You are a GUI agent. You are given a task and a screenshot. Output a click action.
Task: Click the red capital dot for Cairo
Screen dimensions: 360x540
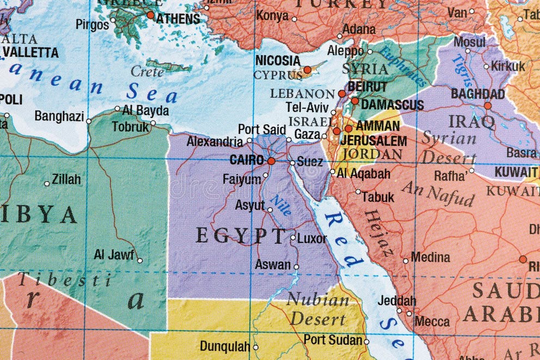point(271,161)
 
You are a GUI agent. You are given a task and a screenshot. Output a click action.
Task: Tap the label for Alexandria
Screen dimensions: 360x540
point(214,142)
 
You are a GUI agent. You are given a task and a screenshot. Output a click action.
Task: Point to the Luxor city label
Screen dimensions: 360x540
point(312,239)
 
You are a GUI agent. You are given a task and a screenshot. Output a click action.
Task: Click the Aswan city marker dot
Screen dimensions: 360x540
point(296,267)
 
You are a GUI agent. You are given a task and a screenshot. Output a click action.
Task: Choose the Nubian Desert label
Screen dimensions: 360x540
point(318,309)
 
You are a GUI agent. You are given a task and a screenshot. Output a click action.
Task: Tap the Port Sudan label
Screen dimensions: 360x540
point(332,340)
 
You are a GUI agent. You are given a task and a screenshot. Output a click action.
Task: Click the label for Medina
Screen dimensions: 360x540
point(430,257)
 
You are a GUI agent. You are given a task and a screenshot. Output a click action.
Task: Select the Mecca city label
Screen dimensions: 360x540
point(432,322)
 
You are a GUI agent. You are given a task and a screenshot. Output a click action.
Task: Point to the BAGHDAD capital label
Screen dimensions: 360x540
point(477,94)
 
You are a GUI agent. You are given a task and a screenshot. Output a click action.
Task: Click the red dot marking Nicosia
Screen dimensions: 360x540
point(307,70)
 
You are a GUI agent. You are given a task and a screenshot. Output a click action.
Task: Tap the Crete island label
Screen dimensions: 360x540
point(147,71)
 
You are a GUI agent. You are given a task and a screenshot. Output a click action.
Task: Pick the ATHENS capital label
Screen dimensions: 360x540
point(178,19)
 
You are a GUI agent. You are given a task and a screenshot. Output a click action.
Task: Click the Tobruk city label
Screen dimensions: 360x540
point(130,127)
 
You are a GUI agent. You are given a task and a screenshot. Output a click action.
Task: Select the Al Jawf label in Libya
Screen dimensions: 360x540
point(114,254)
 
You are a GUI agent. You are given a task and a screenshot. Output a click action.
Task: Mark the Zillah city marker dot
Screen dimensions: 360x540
point(47,184)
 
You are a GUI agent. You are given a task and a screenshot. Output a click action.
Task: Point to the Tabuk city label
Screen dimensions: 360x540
point(377,197)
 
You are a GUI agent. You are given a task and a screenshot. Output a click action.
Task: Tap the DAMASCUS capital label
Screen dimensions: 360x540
point(392,104)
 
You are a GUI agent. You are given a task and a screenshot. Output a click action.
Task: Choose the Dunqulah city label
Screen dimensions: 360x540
point(225,346)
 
